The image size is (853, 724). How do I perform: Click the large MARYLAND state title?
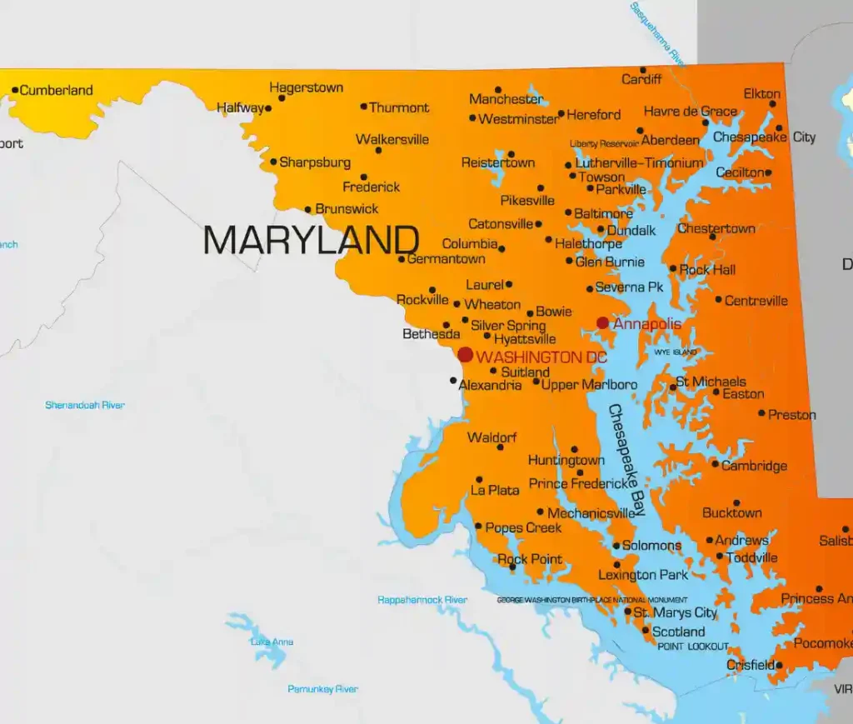point(311,240)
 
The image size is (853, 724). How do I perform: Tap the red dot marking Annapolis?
point(602,322)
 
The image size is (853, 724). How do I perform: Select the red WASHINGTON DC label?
point(541,357)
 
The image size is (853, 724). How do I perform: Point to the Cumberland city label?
point(56,90)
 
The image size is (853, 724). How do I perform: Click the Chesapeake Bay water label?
point(627,458)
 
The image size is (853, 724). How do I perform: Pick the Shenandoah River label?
point(85,405)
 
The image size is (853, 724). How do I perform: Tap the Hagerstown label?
point(307,87)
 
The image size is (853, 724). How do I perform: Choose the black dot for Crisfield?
point(779,665)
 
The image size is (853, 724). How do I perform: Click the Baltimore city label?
point(603,213)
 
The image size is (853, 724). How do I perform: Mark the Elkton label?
point(762,94)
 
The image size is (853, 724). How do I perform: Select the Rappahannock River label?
point(422,600)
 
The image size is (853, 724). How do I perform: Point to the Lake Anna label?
point(272,642)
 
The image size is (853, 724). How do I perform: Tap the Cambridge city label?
point(754,466)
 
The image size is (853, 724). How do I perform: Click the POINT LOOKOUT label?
point(693,647)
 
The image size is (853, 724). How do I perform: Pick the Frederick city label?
point(372,187)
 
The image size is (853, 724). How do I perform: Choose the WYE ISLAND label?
point(675,352)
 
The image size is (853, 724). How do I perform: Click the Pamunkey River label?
point(322,689)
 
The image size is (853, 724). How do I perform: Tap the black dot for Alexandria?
point(453,381)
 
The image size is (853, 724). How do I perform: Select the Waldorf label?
point(492,437)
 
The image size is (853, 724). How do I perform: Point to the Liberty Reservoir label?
point(604,144)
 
